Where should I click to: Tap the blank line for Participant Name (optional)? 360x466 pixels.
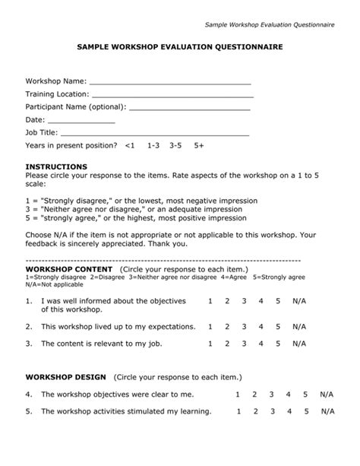(x=190, y=109)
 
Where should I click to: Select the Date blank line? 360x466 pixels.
(x=81, y=122)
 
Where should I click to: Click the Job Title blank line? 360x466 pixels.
(x=159, y=135)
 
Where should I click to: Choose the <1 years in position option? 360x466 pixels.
(x=130, y=144)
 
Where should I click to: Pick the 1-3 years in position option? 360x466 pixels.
(x=153, y=144)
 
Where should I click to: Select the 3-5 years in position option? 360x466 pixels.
(x=175, y=144)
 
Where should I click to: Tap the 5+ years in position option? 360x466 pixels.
(x=199, y=144)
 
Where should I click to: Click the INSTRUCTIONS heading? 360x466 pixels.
(x=56, y=166)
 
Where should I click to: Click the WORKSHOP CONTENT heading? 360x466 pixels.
(x=69, y=270)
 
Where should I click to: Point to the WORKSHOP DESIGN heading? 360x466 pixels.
(x=67, y=376)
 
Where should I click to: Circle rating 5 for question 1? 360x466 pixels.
(x=277, y=301)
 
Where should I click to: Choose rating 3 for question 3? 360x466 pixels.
(x=243, y=344)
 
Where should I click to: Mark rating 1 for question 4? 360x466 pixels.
(x=238, y=395)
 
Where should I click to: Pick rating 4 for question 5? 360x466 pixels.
(x=289, y=411)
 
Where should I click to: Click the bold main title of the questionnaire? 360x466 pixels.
(x=180, y=47)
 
